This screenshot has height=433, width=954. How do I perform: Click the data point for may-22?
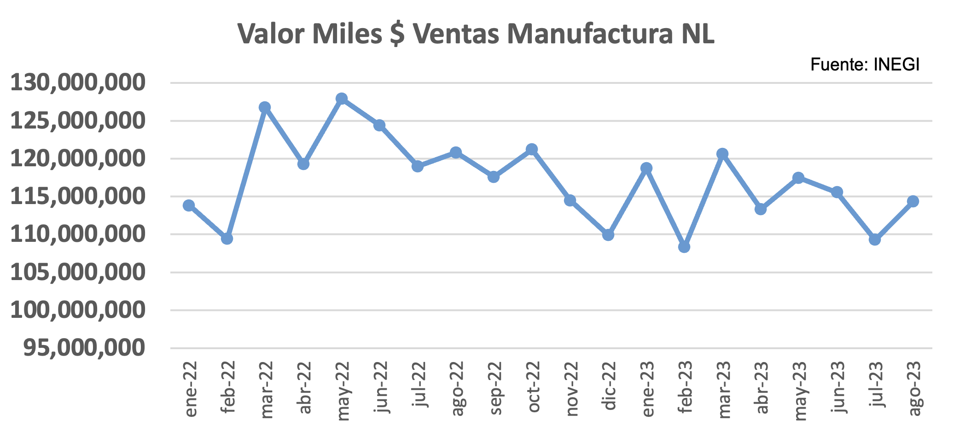tap(341, 99)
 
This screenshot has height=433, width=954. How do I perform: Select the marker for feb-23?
tap(684, 247)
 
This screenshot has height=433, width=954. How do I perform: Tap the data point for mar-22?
tap(265, 107)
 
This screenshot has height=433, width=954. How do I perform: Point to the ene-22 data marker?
tap(189, 205)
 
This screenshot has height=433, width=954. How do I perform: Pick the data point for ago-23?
tap(913, 201)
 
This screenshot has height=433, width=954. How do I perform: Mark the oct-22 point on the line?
tap(532, 149)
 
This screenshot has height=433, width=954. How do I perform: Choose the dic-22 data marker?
tap(608, 235)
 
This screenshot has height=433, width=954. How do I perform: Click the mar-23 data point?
tap(722, 154)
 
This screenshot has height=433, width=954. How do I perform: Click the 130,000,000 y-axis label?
tap(78, 83)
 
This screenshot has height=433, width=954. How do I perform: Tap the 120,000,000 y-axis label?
tap(78, 159)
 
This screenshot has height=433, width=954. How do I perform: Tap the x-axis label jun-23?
tap(838, 387)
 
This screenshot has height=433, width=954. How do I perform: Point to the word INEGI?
tap(896, 65)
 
